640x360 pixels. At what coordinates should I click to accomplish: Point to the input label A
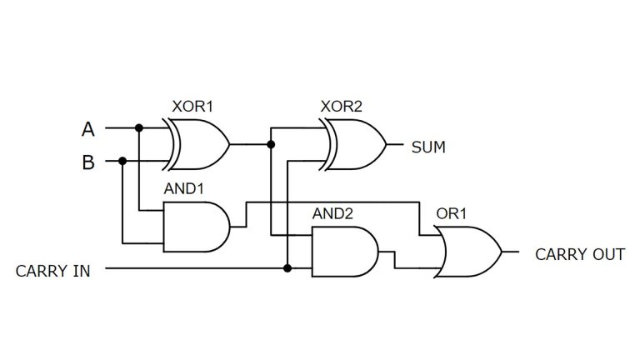pyautogui.click(x=87, y=129)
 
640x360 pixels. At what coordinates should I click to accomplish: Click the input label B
pyautogui.click(x=87, y=162)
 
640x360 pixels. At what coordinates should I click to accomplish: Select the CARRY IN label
pyautogui.click(x=53, y=270)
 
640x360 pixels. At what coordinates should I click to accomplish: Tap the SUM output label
pyautogui.click(x=428, y=147)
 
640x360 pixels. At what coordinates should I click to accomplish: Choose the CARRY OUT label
pyautogui.click(x=579, y=254)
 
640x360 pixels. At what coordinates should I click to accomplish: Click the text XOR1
pyautogui.click(x=192, y=107)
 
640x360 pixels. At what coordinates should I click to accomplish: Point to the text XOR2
pyautogui.click(x=341, y=107)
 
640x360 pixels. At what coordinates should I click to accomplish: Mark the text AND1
pyautogui.click(x=183, y=189)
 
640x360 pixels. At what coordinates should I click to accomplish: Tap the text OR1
pyautogui.click(x=452, y=214)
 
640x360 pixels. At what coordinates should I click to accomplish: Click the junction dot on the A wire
pyautogui.click(x=139, y=128)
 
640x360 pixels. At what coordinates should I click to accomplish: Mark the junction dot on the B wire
pyautogui.click(x=122, y=161)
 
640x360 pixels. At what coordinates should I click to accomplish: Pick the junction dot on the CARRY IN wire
pyautogui.click(x=287, y=268)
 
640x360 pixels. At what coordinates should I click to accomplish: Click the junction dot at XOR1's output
pyautogui.click(x=271, y=144)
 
